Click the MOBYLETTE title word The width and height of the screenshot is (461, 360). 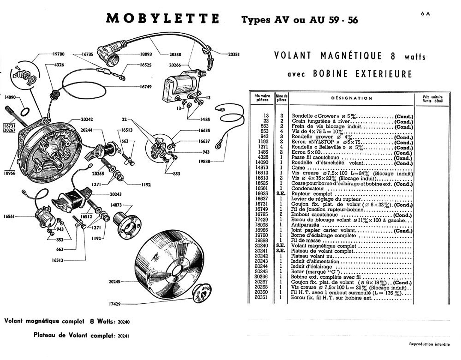coord(163,19)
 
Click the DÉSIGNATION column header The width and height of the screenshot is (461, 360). coord(352,98)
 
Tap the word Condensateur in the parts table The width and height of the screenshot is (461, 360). coord(308,189)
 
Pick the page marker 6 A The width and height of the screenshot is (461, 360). coord(425,13)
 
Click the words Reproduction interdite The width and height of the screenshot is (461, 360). coord(429,344)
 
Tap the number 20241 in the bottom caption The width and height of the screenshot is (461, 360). coord(123,336)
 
